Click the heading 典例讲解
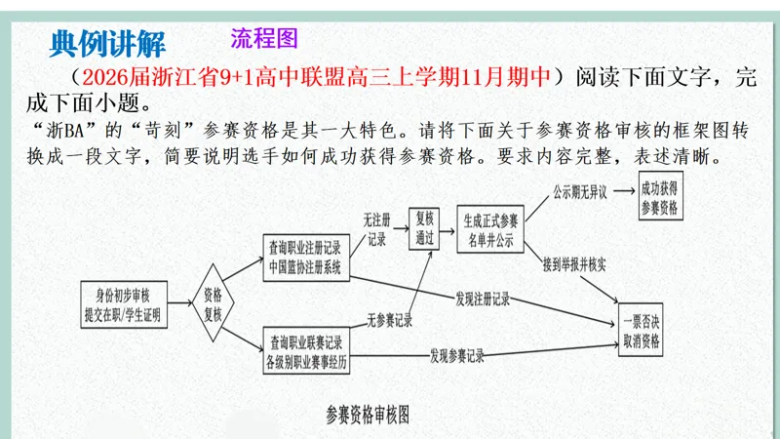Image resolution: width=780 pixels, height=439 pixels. tap(108, 43)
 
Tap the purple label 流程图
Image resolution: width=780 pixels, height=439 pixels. tap(263, 38)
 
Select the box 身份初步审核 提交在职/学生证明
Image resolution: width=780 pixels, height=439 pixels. tap(122, 305)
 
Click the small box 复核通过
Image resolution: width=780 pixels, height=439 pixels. tap(424, 228)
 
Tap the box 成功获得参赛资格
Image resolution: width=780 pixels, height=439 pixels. tap(659, 198)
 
